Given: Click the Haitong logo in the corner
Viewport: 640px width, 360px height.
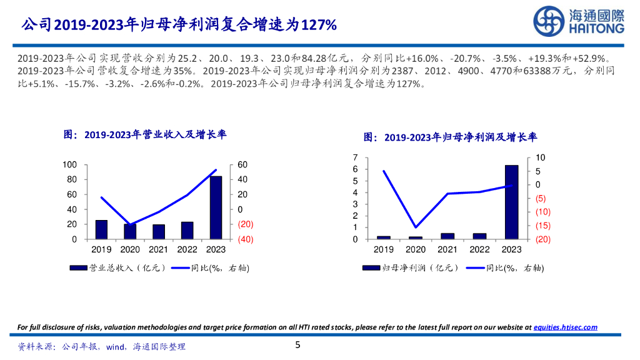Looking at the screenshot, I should (x=578, y=22).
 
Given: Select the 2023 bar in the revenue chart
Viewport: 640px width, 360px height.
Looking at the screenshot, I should (x=216, y=207).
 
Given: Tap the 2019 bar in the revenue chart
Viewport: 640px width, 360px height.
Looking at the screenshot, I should (x=101, y=229).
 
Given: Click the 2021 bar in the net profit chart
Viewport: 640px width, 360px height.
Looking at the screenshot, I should (x=447, y=236).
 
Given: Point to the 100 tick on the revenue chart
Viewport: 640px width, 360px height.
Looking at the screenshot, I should (x=69, y=164).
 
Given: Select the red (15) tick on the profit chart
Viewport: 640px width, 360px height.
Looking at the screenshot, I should (x=542, y=226).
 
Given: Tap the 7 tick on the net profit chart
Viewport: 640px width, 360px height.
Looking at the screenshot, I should (x=355, y=157).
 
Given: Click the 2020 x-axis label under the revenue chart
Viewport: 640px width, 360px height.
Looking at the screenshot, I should (x=130, y=249).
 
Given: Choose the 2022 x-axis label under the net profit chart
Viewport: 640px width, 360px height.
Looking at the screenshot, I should (x=479, y=249).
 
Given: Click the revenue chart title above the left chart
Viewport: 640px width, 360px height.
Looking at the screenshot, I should (x=145, y=134).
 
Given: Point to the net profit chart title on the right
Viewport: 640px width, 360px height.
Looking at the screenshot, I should (x=451, y=137).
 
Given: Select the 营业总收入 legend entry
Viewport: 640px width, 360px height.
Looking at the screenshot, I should (x=119, y=268).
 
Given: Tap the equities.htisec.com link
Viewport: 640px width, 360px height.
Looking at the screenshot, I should (x=565, y=327).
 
